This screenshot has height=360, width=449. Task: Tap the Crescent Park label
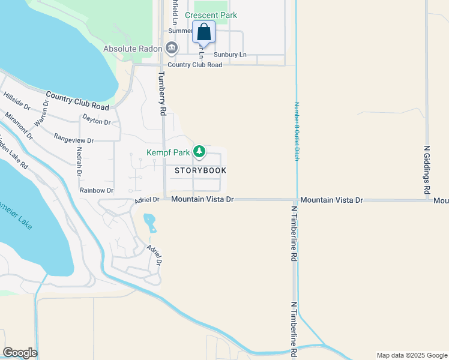[x=211, y=15]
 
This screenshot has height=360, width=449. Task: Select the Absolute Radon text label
[x=133, y=48]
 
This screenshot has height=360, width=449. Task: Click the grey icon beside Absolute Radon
[x=172, y=47]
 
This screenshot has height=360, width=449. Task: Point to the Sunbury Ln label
[x=231, y=55]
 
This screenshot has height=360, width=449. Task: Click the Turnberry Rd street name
[x=161, y=94]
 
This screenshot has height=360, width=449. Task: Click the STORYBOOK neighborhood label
[x=200, y=170]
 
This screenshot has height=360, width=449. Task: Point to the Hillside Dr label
[x=17, y=100]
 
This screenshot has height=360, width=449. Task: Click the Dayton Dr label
[x=97, y=120]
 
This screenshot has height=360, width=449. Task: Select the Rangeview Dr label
[x=74, y=139]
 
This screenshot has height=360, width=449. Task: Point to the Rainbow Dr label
[x=97, y=190]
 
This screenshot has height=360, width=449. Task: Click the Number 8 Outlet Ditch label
[x=296, y=130]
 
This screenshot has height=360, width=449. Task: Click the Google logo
[x=20, y=353]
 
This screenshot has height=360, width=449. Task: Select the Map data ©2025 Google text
[x=411, y=355]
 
